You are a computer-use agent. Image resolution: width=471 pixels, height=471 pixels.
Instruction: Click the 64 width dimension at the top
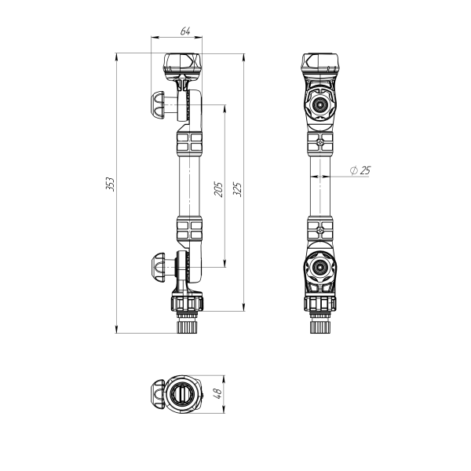click(x=185, y=31)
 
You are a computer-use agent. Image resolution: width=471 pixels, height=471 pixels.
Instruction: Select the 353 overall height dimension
click(x=111, y=184)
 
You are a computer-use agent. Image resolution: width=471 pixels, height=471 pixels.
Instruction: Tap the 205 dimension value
click(x=220, y=188)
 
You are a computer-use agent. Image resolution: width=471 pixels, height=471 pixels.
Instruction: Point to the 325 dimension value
click(x=237, y=188)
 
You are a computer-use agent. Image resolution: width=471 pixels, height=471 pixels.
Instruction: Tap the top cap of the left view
click(x=182, y=63)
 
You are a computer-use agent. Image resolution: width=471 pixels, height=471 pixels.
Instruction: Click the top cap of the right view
click(x=320, y=63)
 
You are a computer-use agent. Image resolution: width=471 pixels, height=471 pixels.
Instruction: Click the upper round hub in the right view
click(x=320, y=104)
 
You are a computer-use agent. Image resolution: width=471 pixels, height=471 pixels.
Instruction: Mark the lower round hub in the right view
click(x=320, y=268)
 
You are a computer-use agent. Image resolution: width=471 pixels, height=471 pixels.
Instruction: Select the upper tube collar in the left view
click(x=189, y=144)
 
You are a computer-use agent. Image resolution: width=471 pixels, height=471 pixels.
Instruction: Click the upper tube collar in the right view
click(x=320, y=144)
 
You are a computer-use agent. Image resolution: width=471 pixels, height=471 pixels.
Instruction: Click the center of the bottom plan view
click(x=181, y=392)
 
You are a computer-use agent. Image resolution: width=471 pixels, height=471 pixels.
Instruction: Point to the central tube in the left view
click(x=189, y=187)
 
